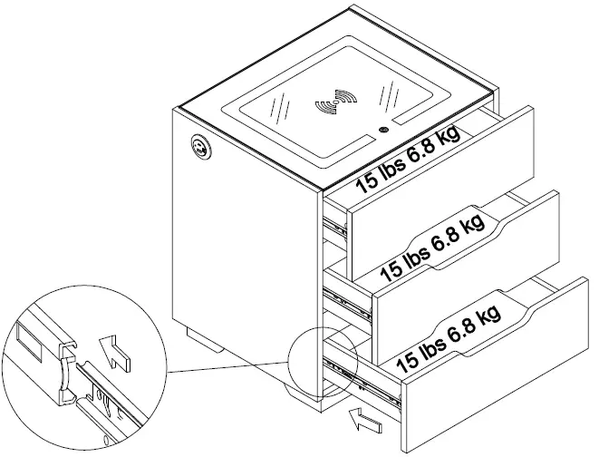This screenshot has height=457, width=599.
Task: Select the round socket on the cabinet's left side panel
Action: coord(198,148)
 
